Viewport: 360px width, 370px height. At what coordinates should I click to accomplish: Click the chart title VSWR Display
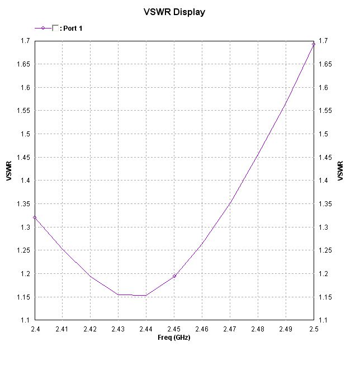[174, 11]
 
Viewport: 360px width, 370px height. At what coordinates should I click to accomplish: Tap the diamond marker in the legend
[43, 27]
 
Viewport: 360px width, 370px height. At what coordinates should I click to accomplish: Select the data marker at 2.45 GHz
[174, 276]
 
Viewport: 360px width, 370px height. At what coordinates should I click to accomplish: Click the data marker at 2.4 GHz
[35, 217]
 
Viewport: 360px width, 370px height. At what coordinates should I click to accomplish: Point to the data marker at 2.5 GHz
[314, 44]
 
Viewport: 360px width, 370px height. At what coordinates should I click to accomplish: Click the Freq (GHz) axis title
[174, 338]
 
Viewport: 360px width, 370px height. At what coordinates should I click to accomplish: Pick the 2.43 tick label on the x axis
[119, 330]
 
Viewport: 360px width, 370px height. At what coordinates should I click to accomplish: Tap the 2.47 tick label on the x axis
[230, 330]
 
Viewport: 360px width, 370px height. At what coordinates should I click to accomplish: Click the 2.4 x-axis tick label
[35, 330]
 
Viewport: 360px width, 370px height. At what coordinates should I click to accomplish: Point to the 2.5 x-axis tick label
[314, 330]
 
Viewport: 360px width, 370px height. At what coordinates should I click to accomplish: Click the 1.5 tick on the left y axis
[25, 134]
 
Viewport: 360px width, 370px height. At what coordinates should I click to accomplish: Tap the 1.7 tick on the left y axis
[25, 41]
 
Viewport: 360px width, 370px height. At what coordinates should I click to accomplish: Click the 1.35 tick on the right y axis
[324, 204]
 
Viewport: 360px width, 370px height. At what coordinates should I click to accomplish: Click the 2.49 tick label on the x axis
[286, 330]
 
